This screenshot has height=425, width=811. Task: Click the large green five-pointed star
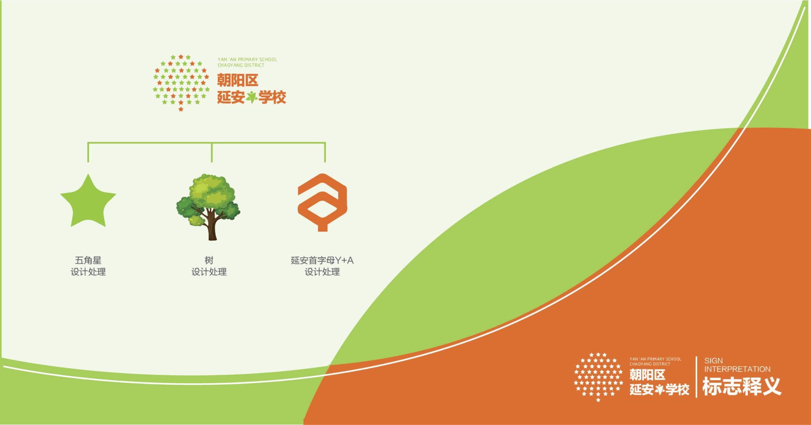point(88,203)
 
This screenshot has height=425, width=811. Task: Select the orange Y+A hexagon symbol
point(322,202)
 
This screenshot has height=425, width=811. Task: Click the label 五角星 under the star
point(88,260)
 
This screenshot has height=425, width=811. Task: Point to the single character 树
point(209,260)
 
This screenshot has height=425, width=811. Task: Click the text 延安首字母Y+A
point(322,260)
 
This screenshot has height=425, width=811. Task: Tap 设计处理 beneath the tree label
point(209,272)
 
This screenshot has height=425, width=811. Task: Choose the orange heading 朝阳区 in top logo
point(238,80)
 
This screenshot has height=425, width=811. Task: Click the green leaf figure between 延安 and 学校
point(252,97)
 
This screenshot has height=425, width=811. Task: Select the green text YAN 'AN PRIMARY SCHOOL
point(247,59)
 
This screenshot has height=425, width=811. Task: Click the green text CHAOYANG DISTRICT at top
point(241,65)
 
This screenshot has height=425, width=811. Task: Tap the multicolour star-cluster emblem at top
point(181,83)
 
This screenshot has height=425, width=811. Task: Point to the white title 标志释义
point(742,386)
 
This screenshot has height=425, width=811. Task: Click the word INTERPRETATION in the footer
point(737,369)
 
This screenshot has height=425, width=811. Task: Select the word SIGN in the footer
point(714,361)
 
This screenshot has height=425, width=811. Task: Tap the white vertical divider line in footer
point(696,377)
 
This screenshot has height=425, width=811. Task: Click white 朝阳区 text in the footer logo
point(647,375)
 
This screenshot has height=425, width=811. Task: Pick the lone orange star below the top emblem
point(181,109)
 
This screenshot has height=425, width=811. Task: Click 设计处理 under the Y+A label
point(322,272)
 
